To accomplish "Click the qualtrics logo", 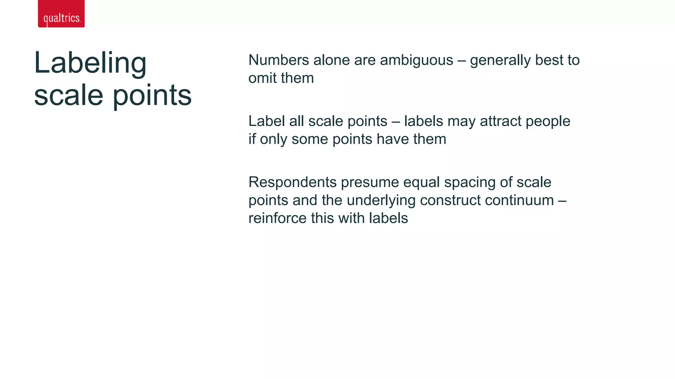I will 61,14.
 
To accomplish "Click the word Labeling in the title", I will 90,63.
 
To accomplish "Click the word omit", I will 262,78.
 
